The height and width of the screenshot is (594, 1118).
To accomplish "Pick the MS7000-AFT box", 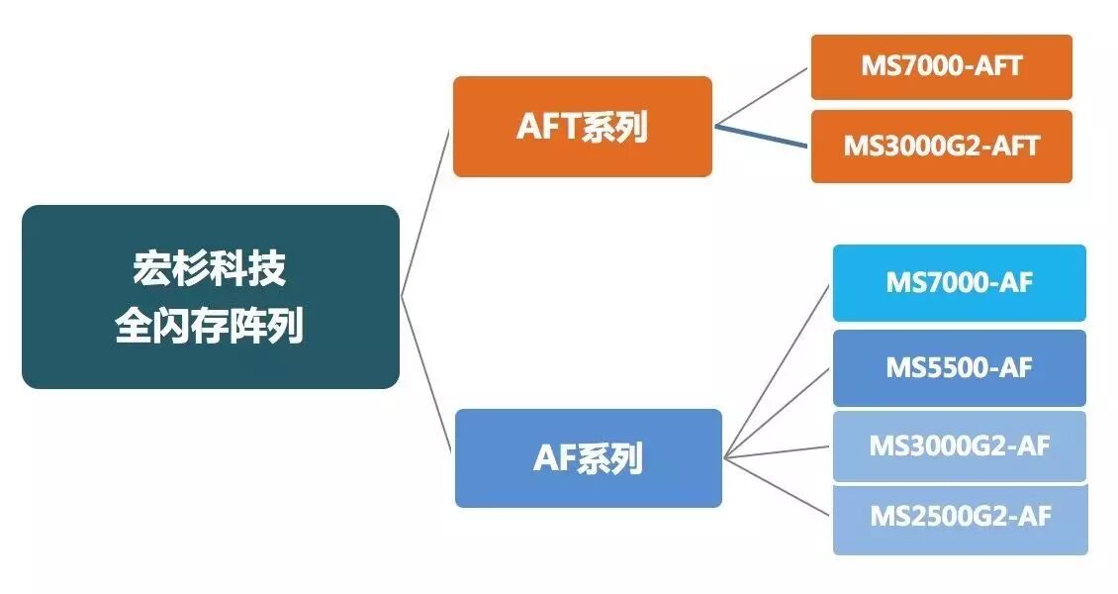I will click(x=941, y=67).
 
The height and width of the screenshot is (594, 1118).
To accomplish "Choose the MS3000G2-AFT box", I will click(x=941, y=147).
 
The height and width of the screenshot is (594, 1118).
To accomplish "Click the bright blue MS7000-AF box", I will click(x=959, y=283).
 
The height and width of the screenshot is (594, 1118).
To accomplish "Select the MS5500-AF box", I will click(x=959, y=368).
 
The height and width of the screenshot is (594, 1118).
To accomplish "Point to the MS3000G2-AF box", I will click(x=959, y=446).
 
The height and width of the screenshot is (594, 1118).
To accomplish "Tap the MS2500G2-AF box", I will click(x=959, y=518).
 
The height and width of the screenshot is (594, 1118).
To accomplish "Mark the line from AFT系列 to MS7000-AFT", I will click(x=762, y=97).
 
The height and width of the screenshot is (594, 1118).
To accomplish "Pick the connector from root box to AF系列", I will click(x=427, y=375).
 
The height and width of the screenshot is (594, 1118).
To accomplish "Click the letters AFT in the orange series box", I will click(x=548, y=127).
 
